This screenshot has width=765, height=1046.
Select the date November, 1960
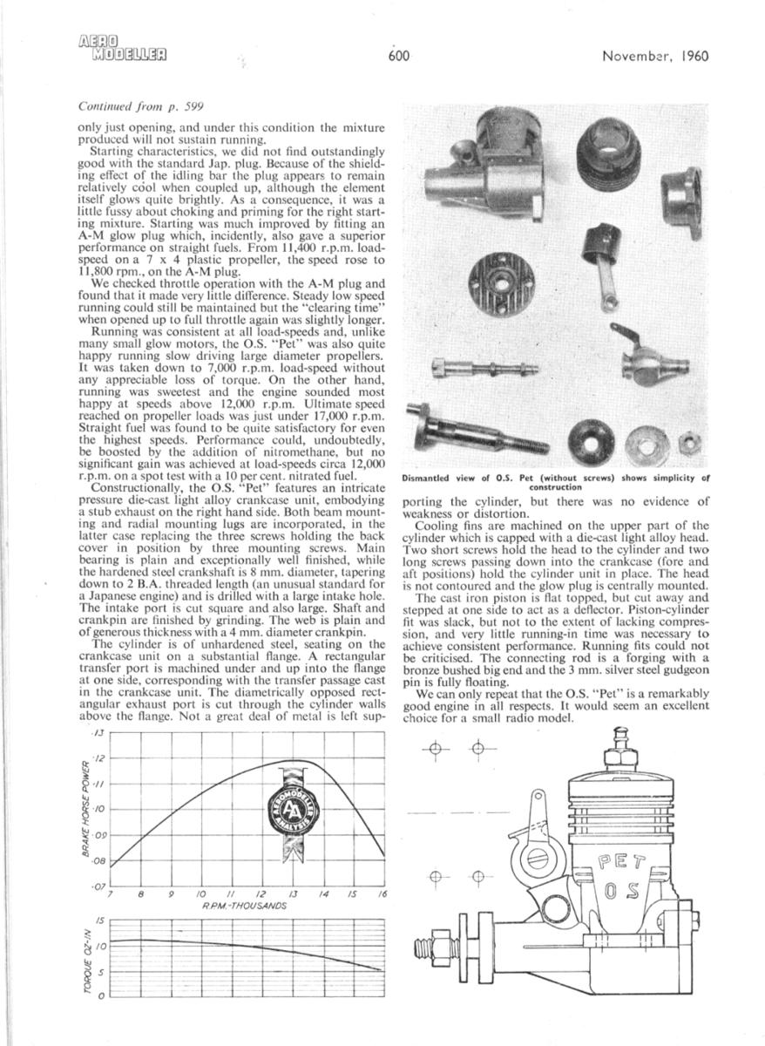[x=655, y=58]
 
